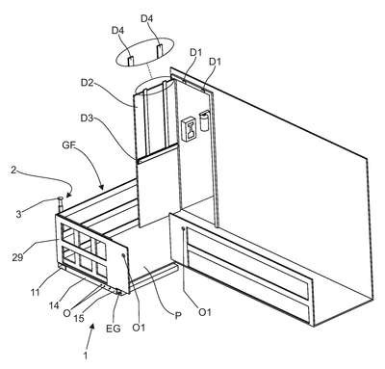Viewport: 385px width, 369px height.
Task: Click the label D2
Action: pyautogui.click(x=87, y=83)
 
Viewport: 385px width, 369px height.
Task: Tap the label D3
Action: pyautogui.click(x=87, y=119)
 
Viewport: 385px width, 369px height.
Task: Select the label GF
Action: pyautogui.click(x=68, y=145)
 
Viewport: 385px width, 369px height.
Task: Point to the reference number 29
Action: pyautogui.click(x=17, y=257)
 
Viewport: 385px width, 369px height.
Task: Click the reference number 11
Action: pyautogui.click(x=36, y=292)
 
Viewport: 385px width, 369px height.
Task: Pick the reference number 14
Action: pyautogui.click(x=54, y=305)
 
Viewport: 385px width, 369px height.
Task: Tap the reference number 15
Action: pyautogui.click(x=79, y=318)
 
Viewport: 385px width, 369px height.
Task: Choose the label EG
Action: pyautogui.click(x=114, y=329)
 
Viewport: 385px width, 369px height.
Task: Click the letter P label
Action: pyautogui.click(x=177, y=315)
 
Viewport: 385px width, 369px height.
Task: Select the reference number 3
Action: pyautogui.click(x=19, y=214)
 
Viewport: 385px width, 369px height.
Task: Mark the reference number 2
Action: pyautogui.click(x=13, y=170)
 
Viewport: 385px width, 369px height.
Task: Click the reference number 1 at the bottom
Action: pyautogui.click(x=85, y=356)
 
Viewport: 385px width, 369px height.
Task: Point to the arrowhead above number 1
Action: pyautogui.click(x=92, y=327)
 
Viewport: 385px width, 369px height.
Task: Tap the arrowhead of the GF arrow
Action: pyautogui.click(x=101, y=186)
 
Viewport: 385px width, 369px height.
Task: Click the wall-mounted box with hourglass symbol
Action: pyautogui.click(x=189, y=129)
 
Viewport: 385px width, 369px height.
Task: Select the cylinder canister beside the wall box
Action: pyautogui.click(x=204, y=120)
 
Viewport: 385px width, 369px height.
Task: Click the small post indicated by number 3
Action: pyautogui.click(x=60, y=204)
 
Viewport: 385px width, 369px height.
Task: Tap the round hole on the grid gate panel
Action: pyautogui.click(x=123, y=254)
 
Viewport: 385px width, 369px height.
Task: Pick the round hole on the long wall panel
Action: pyautogui.click(x=183, y=228)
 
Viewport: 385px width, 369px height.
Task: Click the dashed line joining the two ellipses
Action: pyautogui.click(x=148, y=70)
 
